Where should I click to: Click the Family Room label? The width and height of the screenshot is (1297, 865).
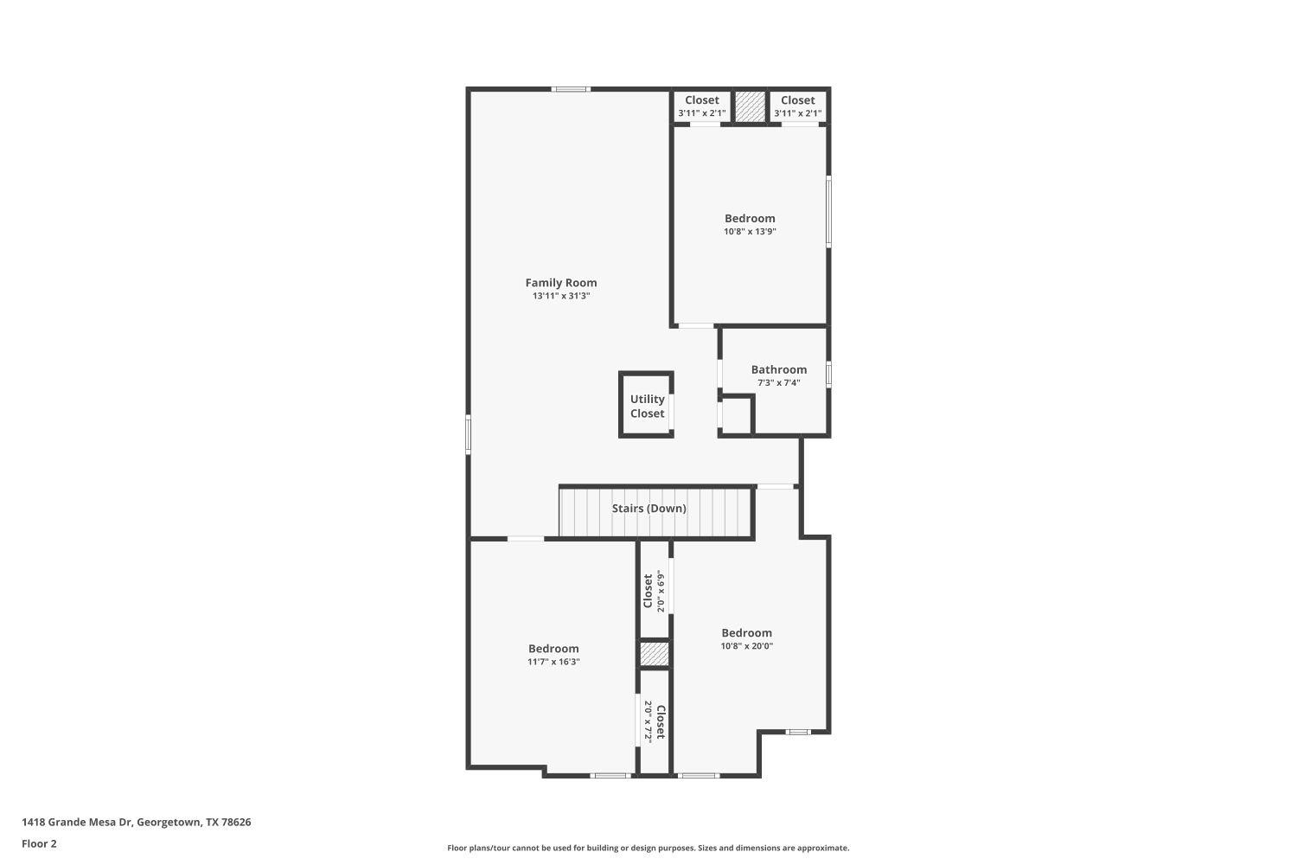click(x=561, y=283)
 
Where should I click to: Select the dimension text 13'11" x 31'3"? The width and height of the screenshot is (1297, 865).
click(x=561, y=296)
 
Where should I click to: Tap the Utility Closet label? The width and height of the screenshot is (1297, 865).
click(x=647, y=406)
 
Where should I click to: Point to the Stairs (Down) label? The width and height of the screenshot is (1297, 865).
click(x=648, y=509)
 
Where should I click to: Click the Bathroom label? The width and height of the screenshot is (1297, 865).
click(x=778, y=369)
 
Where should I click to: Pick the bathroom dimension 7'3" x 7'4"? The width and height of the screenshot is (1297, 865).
click(x=778, y=382)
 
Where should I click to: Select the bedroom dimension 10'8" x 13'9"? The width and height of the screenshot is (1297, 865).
click(x=750, y=232)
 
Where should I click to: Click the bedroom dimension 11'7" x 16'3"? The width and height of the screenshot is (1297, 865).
click(x=553, y=662)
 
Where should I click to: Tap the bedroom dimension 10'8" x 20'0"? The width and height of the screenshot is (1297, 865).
click(x=746, y=646)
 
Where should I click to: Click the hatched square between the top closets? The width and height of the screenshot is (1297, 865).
click(x=750, y=106)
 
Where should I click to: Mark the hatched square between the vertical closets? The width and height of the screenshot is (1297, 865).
click(x=655, y=654)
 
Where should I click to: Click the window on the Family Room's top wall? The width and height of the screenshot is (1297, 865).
click(x=572, y=89)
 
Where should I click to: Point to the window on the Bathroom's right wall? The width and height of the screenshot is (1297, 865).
click(x=828, y=374)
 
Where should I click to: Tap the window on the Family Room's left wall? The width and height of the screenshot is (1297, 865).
click(x=469, y=434)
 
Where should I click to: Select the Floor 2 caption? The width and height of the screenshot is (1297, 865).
click(x=39, y=843)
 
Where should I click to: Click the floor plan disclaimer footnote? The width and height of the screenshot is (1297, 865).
click(x=648, y=848)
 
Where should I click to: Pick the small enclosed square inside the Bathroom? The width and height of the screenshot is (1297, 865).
click(x=736, y=414)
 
